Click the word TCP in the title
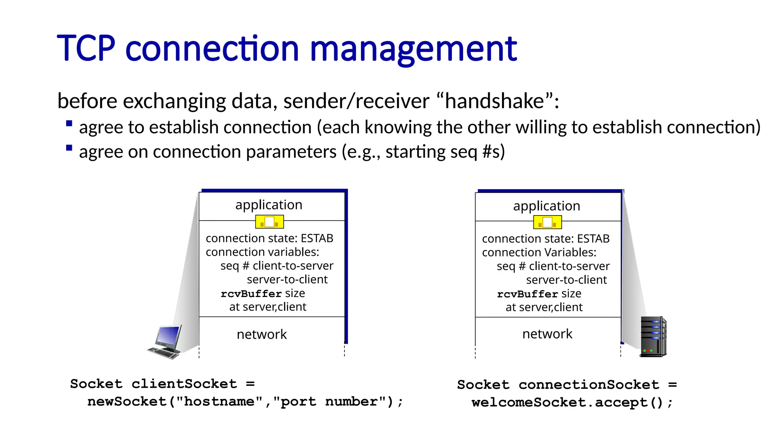(x=86, y=49)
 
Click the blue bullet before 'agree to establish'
(x=69, y=123)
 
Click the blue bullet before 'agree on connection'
(x=69, y=148)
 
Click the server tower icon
(x=653, y=337)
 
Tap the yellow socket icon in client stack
(x=270, y=222)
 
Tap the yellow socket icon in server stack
(x=547, y=222)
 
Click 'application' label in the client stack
(x=269, y=205)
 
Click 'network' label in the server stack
(x=547, y=334)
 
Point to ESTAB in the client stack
(x=317, y=238)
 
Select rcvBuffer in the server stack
(x=527, y=294)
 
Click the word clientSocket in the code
(x=184, y=384)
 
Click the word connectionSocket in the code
(x=589, y=385)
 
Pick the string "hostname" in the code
(x=219, y=402)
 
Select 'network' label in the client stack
(x=262, y=335)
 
